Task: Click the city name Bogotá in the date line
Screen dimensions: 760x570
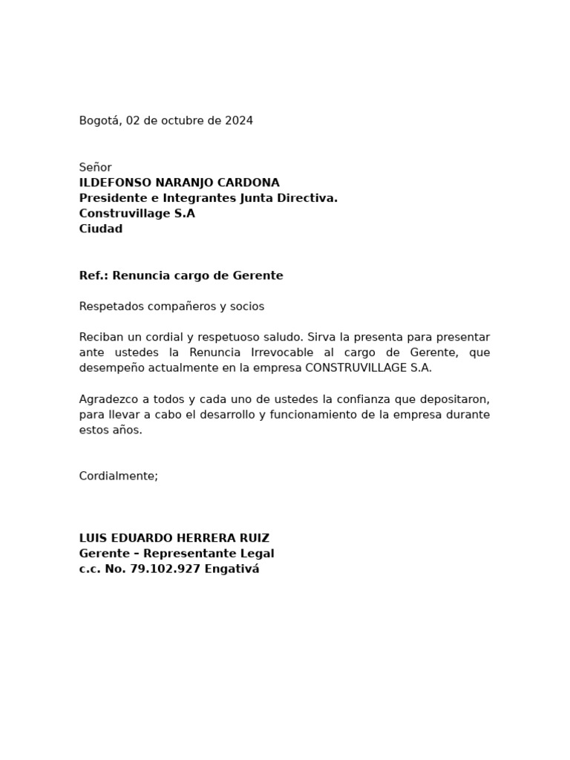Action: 100,121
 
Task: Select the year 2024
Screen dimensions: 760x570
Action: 239,121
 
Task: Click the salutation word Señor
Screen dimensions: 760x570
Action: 95,168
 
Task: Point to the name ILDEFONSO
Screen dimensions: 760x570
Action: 114,183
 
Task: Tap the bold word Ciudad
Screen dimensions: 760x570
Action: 101,229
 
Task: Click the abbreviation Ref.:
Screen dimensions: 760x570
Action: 94,276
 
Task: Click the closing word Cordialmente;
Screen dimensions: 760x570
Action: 119,476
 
